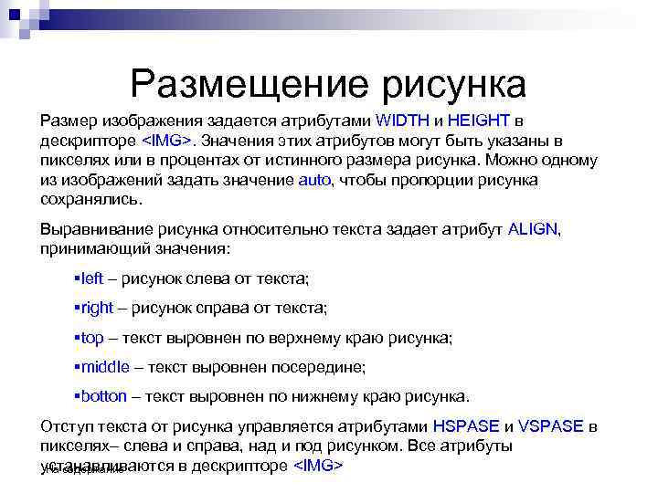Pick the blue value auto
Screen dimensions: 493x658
[313, 180]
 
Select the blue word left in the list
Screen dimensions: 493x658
[92, 278]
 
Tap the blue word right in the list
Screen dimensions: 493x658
[96, 308]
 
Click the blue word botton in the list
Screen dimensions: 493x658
[104, 396]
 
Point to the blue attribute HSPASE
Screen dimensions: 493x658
[466, 426]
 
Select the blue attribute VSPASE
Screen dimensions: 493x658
[551, 426]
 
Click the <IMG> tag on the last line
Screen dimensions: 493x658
[317, 465]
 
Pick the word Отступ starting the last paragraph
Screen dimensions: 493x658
[68, 426]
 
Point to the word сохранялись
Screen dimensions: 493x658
[90, 199]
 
